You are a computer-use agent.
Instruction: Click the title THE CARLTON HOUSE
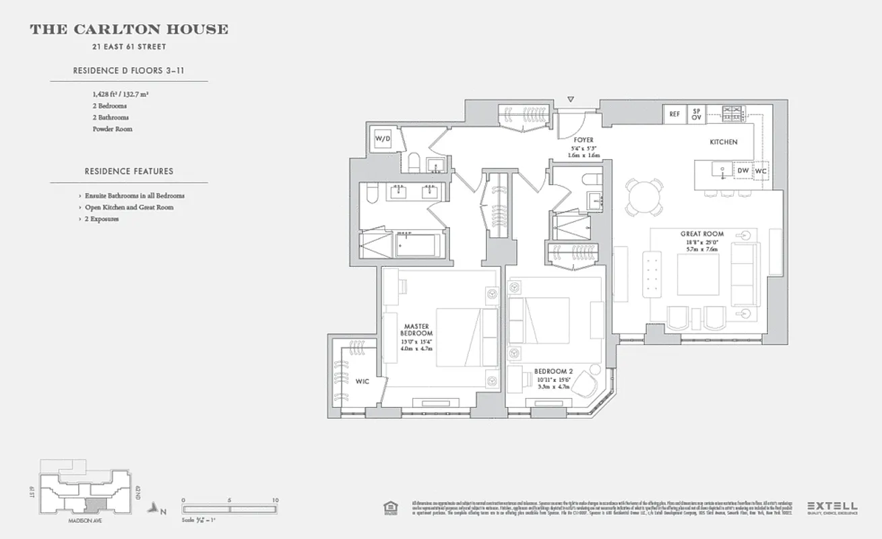(x=129, y=30)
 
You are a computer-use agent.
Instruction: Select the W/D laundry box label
(x=383, y=139)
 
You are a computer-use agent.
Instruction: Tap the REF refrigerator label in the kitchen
(x=674, y=115)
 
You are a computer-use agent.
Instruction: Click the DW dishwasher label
(x=743, y=171)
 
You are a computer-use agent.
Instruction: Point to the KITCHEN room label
(x=723, y=142)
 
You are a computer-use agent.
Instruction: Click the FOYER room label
(x=584, y=140)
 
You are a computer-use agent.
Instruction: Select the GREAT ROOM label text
(x=701, y=234)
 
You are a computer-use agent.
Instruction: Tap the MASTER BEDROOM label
(x=416, y=329)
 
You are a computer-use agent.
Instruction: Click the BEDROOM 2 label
(x=554, y=371)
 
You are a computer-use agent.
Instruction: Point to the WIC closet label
(x=362, y=382)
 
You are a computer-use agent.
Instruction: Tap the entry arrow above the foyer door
(x=571, y=100)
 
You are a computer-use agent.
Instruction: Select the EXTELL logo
(x=832, y=506)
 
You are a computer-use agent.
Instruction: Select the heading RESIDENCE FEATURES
(x=129, y=172)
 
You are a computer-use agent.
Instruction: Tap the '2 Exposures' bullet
(x=101, y=219)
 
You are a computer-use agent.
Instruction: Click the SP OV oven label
(x=696, y=115)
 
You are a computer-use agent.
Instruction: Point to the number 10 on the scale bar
(x=275, y=501)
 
